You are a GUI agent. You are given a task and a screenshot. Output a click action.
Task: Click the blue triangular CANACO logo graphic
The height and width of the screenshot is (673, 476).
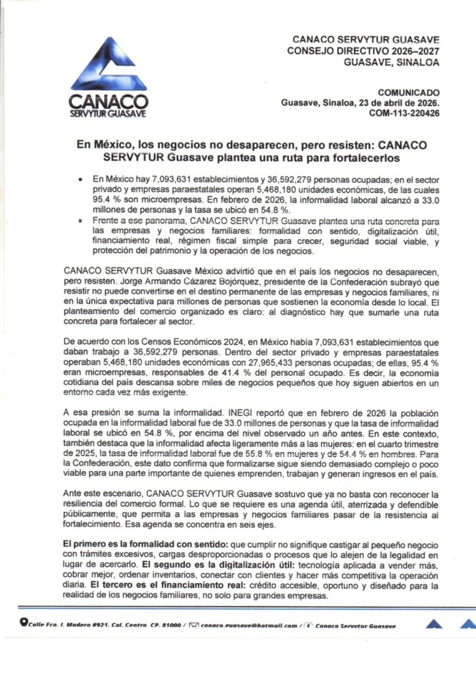point(108,70)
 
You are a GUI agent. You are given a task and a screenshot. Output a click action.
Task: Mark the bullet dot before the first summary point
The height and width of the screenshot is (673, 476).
point(80,179)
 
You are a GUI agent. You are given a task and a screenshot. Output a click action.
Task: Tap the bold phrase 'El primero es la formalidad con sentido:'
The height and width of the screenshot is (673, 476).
point(135,545)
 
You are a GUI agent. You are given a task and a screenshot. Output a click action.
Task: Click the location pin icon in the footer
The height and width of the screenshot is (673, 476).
point(24,625)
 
